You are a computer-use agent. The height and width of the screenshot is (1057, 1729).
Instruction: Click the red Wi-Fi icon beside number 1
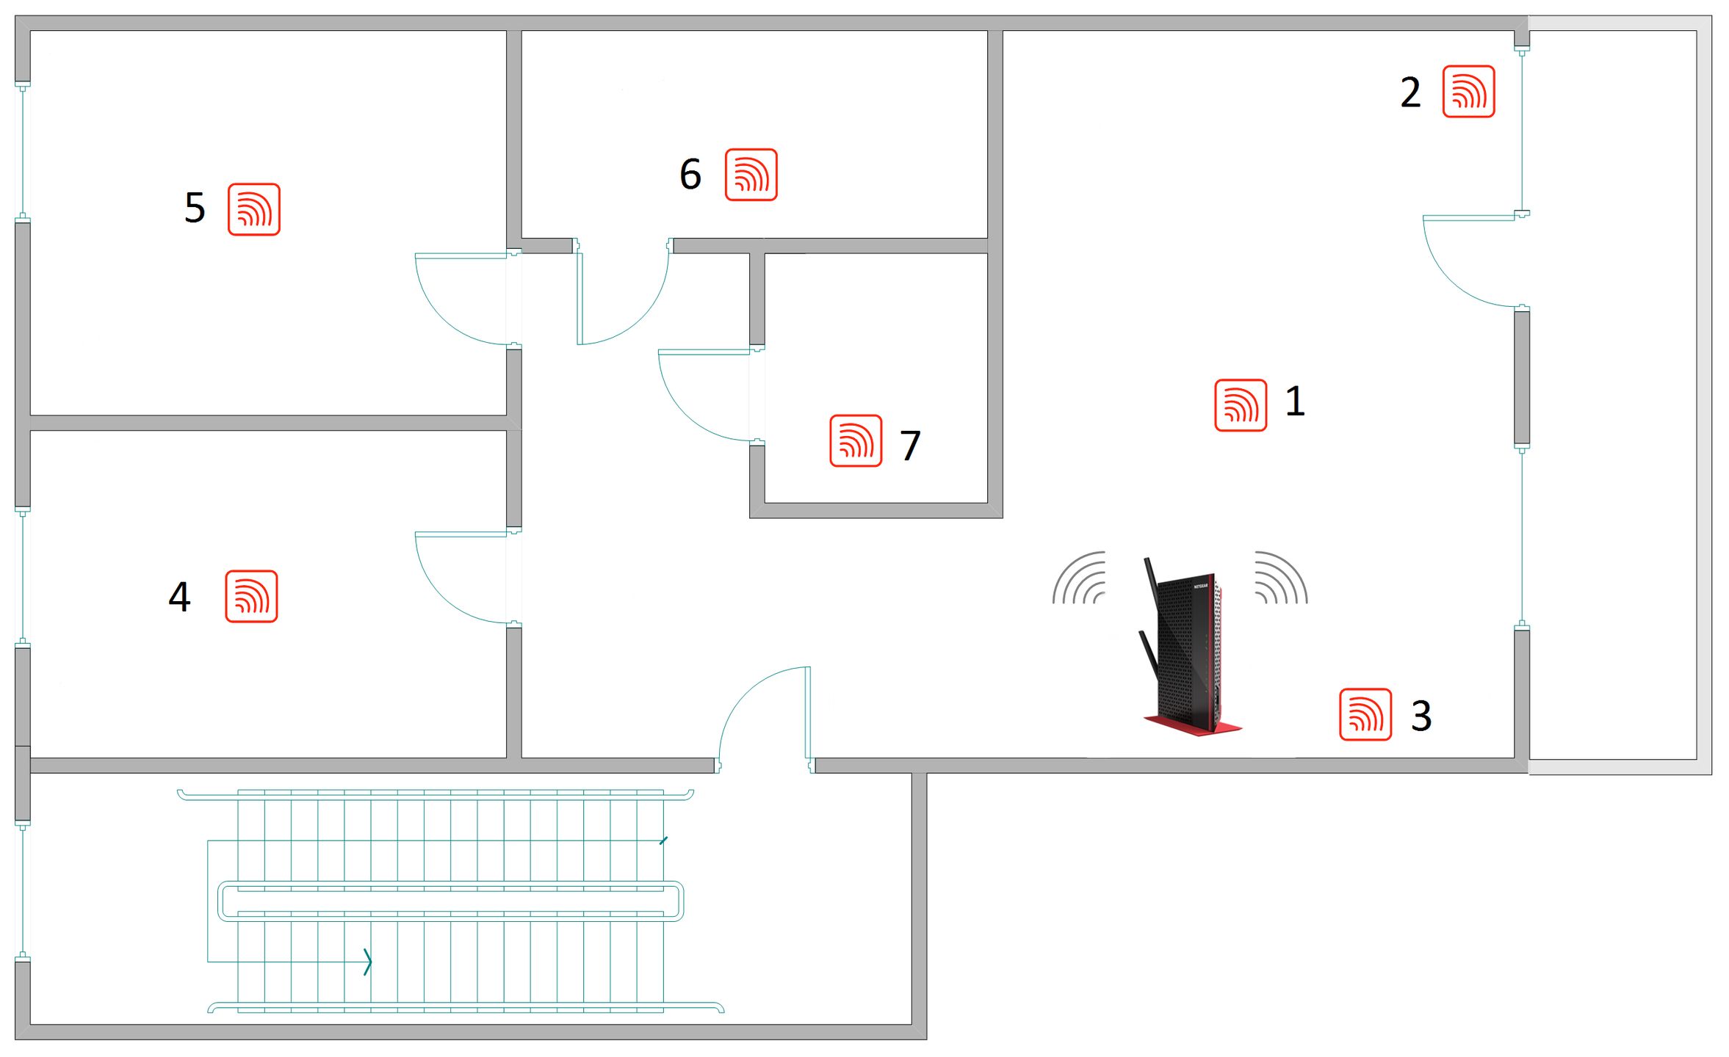(x=1241, y=405)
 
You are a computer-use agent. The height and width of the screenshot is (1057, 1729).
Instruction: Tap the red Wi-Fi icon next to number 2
(x=1468, y=91)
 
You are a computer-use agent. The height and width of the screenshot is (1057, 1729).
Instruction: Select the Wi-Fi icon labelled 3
(x=1365, y=714)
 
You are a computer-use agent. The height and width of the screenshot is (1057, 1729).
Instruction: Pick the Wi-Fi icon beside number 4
(x=251, y=596)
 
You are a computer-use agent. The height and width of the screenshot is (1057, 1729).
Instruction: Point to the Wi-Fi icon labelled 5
(x=253, y=209)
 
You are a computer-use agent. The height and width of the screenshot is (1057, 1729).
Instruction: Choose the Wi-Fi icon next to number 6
(x=751, y=175)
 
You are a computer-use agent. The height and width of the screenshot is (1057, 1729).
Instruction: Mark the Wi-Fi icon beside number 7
(x=856, y=440)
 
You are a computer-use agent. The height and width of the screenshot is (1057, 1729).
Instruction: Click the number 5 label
(x=195, y=208)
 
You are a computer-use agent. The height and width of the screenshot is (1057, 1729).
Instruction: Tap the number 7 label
(x=911, y=446)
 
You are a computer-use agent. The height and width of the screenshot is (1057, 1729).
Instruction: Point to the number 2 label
(x=1410, y=92)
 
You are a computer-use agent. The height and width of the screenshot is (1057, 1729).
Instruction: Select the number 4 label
(x=179, y=597)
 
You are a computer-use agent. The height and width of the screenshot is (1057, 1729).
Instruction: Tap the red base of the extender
(x=1193, y=725)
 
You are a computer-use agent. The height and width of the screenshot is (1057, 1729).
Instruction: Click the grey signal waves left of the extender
(x=1079, y=578)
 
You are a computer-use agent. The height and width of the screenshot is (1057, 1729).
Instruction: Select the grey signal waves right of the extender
(x=1282, y=578)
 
